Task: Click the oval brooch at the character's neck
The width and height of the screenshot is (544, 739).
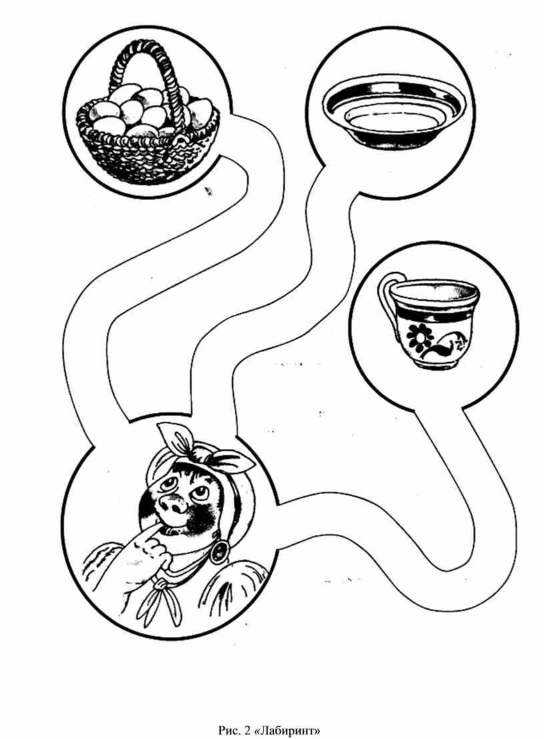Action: coord(219,552)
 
